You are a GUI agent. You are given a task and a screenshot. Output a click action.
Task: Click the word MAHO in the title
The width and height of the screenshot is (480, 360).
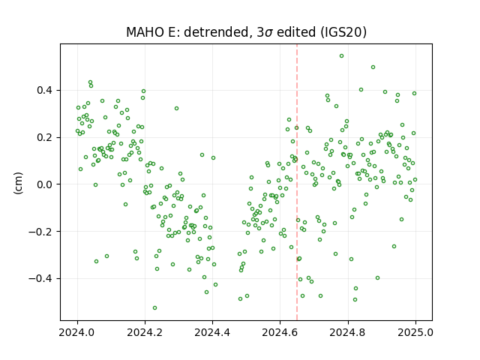[x=145, y=32]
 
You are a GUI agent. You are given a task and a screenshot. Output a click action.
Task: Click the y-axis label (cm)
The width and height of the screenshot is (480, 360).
[x=19, y=183]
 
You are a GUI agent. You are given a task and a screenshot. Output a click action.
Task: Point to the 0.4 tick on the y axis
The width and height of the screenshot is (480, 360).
[x=45, y=90]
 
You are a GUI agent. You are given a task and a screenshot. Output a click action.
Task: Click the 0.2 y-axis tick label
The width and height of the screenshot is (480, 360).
[x=45, y=137]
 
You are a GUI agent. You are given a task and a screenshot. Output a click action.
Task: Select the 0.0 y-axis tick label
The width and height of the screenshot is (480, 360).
[x=45, y=184]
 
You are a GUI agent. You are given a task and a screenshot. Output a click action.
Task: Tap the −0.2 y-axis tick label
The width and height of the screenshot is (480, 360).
[x=41, y=232]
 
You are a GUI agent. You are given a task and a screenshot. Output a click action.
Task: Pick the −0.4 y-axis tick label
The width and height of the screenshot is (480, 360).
[x=41, y=279]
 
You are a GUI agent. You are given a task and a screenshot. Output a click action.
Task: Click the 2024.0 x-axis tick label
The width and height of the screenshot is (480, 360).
[x=77, y=332]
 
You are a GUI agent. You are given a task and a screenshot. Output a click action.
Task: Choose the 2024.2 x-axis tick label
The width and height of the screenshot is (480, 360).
[x=145, y=332]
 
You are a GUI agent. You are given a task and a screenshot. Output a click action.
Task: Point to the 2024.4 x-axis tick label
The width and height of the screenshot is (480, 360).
[x=212, y=332]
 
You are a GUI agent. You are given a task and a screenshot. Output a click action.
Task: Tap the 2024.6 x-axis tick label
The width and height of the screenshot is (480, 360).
[x=280, y=332]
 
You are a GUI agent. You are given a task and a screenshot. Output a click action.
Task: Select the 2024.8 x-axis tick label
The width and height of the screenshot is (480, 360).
[x=348, y=332]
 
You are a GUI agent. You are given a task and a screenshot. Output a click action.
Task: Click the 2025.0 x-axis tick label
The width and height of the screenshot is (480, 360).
[x=415, y=332]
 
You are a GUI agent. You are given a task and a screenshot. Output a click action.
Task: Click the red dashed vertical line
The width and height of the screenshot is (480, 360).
[x=297, y=182]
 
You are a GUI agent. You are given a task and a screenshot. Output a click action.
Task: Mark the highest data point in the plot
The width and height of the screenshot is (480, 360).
[x=342, y=56]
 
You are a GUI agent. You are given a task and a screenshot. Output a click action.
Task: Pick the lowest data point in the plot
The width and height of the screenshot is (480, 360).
[x=155, y=308]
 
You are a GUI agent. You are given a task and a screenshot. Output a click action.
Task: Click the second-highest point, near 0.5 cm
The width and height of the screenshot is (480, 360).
[x=373, y=67]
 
